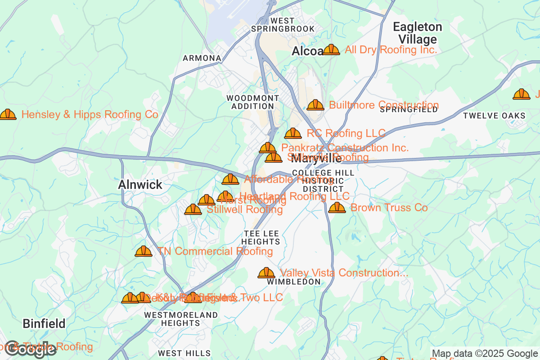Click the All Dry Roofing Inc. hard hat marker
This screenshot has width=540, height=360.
(331, 49)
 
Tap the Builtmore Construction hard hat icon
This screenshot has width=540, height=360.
(315, 105)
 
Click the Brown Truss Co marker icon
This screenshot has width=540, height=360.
(337, 207)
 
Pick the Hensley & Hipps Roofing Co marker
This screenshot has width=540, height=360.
(8, 115)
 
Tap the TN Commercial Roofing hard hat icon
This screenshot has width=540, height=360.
(144, 251)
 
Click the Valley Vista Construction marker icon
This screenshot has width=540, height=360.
(266, 273)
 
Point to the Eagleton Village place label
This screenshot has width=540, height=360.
(418, 33)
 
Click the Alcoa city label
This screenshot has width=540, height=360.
(307, 51)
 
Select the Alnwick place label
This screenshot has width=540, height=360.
(140, 184)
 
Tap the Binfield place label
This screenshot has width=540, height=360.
(44, 323)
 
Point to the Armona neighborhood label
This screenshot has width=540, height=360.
(202, 58)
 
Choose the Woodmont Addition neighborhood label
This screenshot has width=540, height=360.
(252, 102)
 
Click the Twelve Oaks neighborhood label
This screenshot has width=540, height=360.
(494, 116)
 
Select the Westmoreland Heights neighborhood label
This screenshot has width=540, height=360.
(180, 319)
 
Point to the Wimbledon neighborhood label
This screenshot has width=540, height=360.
(294, 282)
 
